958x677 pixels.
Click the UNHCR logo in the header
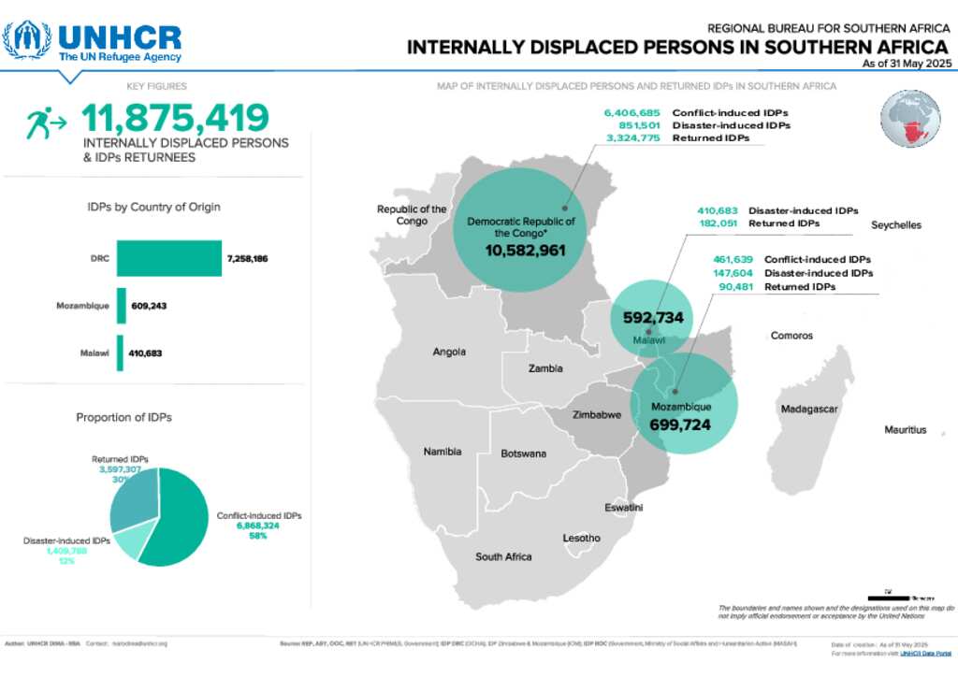92,40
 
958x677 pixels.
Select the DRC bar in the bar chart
168,258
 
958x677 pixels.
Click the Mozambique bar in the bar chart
121,306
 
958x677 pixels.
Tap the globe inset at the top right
910,120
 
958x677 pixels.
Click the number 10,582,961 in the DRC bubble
525,251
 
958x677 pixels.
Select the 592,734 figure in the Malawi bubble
654,317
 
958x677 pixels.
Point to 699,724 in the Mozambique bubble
680,425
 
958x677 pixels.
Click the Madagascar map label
810,410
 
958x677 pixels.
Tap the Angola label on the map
449,353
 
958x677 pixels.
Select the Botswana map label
523,454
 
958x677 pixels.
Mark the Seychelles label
896,225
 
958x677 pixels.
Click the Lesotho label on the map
581,538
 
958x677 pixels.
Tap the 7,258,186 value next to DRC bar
247,258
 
